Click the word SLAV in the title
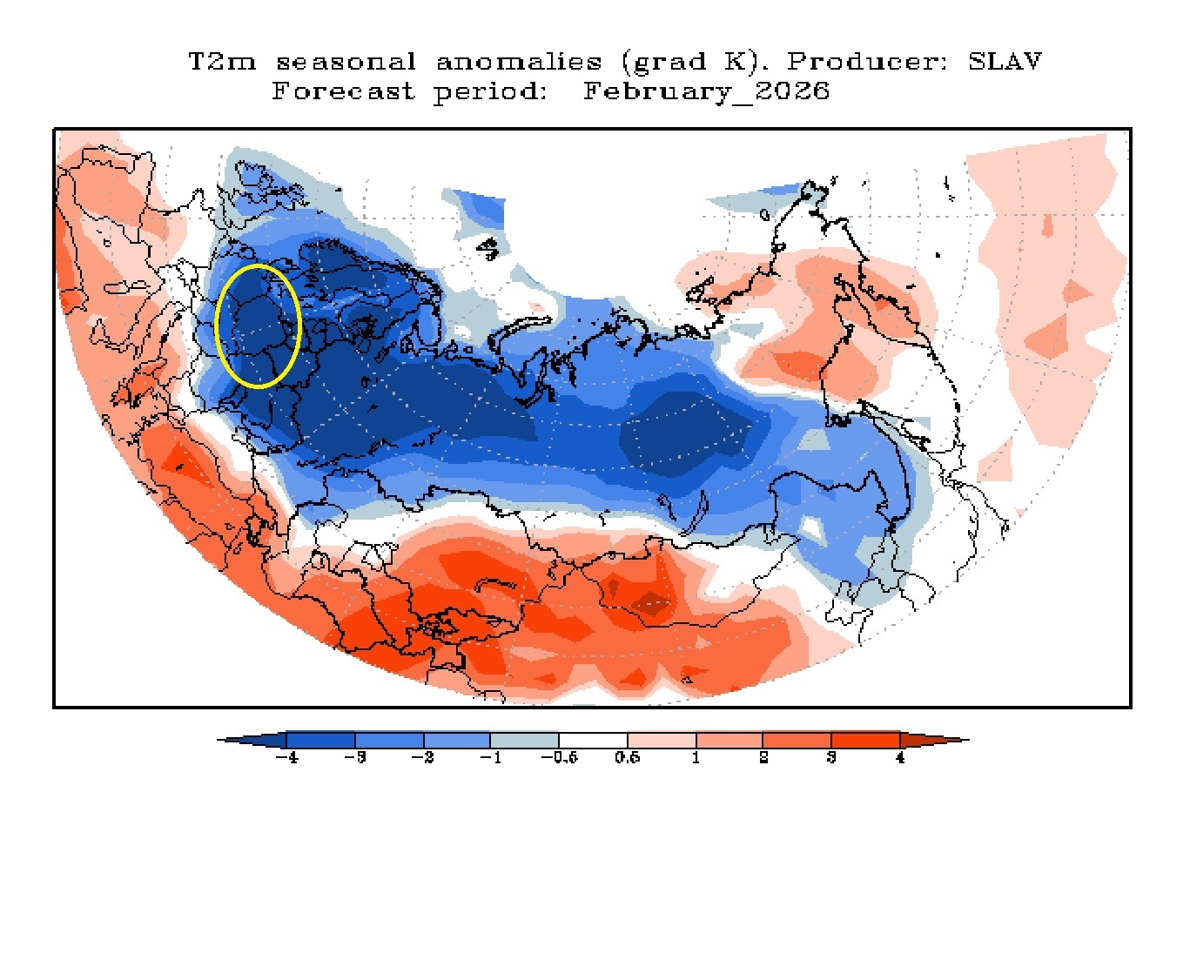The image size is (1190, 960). [1005, 62]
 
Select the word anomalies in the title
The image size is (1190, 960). [519, 62]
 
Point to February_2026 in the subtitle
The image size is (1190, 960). [706, 91]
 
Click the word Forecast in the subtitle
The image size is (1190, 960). [342, 91]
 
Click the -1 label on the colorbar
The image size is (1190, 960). [490, 758]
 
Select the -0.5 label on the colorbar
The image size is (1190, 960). [558, 758]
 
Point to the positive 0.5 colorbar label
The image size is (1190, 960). [627, 758]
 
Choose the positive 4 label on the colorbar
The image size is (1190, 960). [900, 758]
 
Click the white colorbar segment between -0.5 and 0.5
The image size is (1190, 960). [593, 740]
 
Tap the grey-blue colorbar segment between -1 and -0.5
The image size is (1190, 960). [524, 740]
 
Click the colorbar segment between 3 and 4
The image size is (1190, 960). [865, 740]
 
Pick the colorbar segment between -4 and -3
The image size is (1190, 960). [319, 740]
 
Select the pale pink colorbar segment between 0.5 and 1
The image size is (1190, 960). [661, 740]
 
